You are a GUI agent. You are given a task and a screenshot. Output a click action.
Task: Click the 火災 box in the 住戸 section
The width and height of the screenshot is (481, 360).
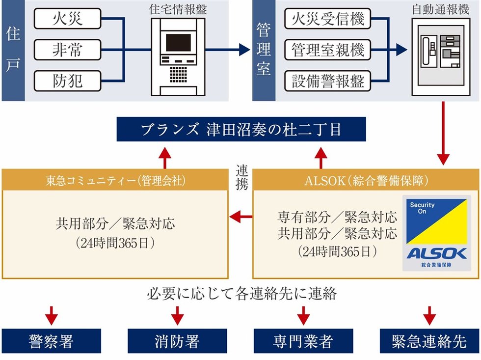pyautogui.click(x=68, y=20)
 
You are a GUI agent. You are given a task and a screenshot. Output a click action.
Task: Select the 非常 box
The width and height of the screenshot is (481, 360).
pyautogui.click(x=68, y=50)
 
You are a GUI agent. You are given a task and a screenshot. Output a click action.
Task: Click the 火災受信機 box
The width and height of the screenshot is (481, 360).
pyautogui.click(x=328, y=20)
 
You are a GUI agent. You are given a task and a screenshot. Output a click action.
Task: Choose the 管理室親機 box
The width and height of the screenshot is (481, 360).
pyautogui.click(x=328, y=50)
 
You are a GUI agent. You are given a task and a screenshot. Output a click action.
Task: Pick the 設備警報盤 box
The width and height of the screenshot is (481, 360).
pyautogui.click(x=328, y=81)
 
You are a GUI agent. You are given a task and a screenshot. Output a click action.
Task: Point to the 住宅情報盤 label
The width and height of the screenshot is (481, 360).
pyautogui.click(x=178, y=8)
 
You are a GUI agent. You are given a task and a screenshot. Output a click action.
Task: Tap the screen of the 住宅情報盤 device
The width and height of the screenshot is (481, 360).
pyautogui.click(x=178, y=43)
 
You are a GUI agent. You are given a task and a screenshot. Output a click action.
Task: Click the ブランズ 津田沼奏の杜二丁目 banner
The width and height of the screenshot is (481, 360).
pyautogui.click(x=240, y=130)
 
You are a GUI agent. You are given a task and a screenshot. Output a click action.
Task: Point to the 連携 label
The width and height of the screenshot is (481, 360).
pyautogui.click(x=242, y=177)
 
